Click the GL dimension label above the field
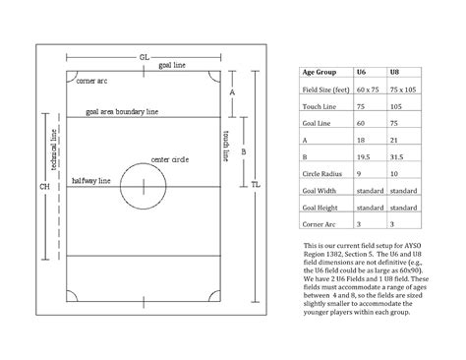tap(145, 58)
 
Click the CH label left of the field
tap(43, 187)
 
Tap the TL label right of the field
tap(255, 186)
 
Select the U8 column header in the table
tap(394, 73)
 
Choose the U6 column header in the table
tap(361, 73)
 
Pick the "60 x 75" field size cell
tap(368, 90)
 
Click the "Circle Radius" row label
tap(322, 174)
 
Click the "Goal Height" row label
tap(320, 208)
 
